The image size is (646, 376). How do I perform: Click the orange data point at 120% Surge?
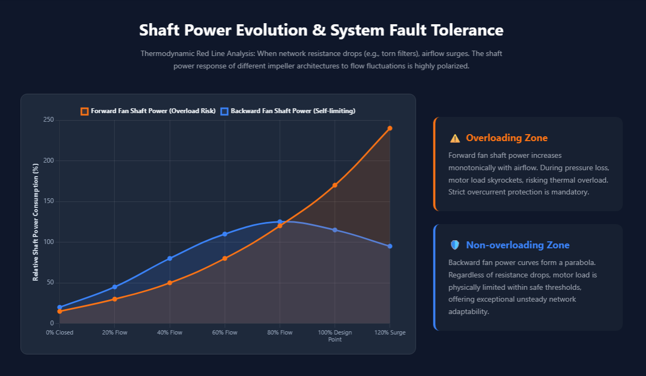[x=390, y=128]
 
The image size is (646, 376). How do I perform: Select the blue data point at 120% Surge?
[x=390, y=246]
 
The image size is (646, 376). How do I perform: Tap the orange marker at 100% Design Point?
[x=335, y=185]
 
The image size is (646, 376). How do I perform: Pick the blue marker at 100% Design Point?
[x=335, y=230]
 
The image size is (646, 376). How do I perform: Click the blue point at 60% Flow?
[x=224, y=234]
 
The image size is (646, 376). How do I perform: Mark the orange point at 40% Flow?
[x=170, y=283]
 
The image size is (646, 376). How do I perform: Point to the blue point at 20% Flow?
[x=115, y=287]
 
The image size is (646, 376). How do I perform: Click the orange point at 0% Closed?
[x=59, y=311]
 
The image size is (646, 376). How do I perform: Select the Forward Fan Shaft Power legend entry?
[x=148, y=111]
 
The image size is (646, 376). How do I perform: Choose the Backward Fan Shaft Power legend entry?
[x=288, y=111]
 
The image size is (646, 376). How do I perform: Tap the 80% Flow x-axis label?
[x=280, y=332]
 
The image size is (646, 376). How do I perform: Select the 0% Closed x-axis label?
[x=59, y=332]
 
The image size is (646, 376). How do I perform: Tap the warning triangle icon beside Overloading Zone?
[x=455, y=138]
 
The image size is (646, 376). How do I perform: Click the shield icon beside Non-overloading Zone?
[x=455, y=245]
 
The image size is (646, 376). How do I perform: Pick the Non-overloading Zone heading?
[x=517, y=245]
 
